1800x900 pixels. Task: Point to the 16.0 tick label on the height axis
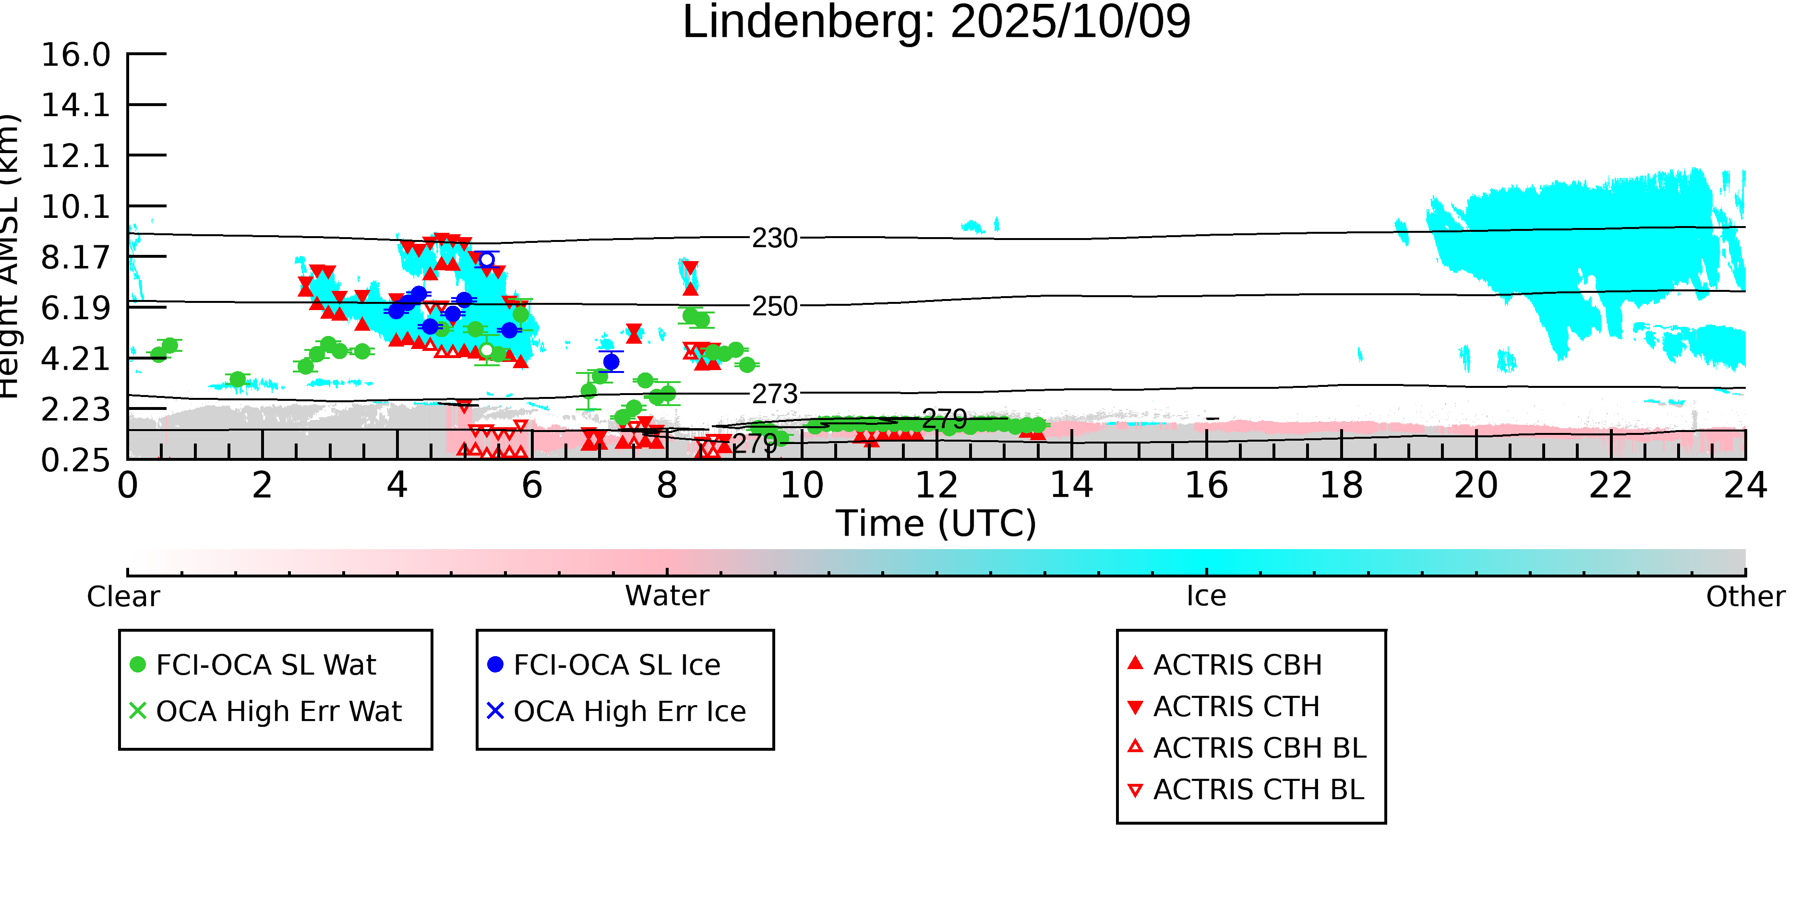click(75, 55)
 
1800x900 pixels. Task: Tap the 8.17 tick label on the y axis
click(75, 257)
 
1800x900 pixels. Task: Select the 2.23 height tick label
click(75, 409)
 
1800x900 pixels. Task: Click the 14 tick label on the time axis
click(1071, 485)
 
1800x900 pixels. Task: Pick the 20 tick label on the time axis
click(1476, 485)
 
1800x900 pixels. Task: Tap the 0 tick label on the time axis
click(127, 485)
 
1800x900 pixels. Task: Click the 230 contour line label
click(774, 238)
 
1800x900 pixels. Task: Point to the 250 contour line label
click(774, 306)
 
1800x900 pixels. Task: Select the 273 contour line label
click(774, 394)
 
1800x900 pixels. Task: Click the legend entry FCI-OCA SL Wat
click(265, 664)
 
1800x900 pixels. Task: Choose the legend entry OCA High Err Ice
click(629, 711)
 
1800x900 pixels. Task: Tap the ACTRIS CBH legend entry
click(1237, 664)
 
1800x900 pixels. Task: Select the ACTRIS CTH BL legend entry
click(1258, 790)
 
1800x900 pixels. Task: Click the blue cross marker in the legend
click(495, 711)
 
